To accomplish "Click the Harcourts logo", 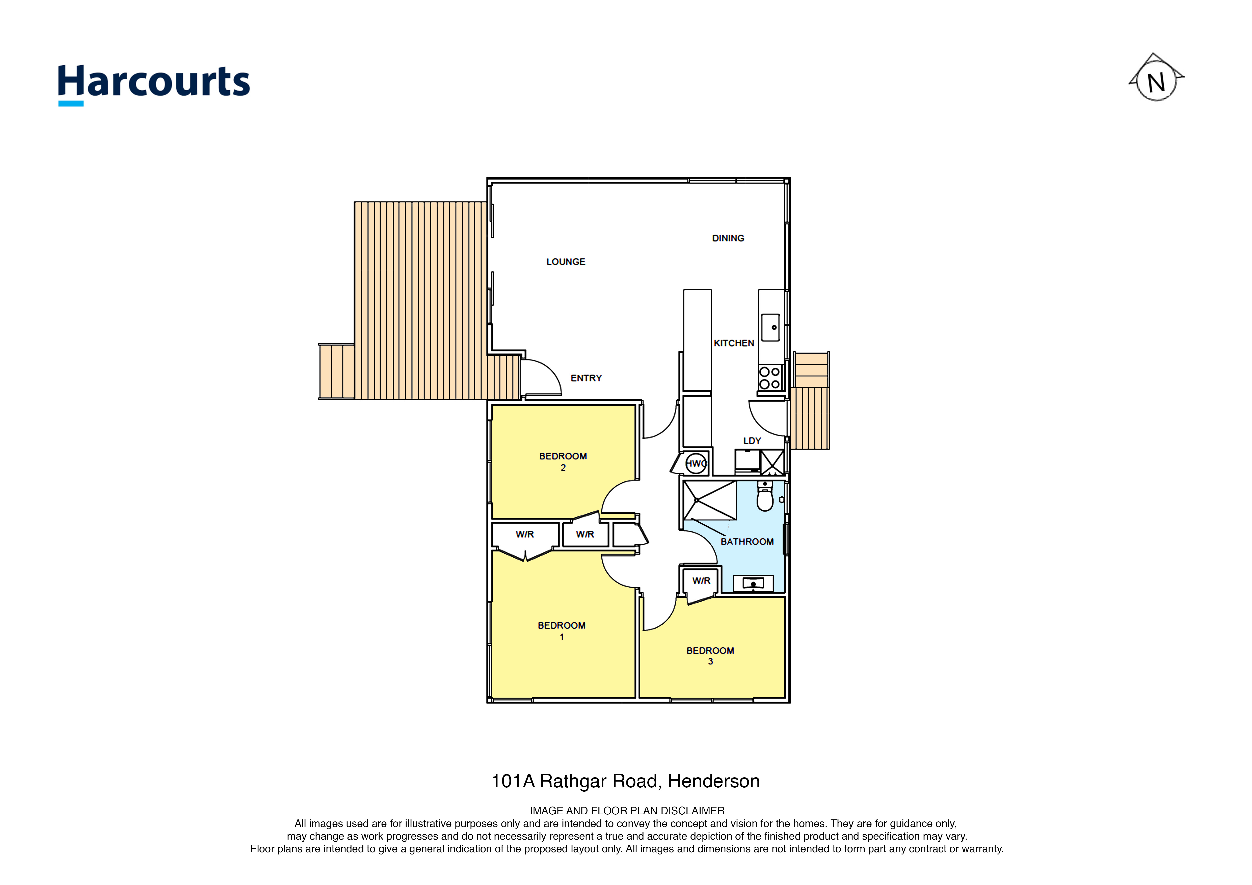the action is pos(154,85).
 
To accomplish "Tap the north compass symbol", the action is pos(1156,77).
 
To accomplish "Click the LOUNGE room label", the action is pos(566,262).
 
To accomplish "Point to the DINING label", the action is pos(728,238).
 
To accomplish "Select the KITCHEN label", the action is pos(734,343).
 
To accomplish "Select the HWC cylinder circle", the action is pos(696,464).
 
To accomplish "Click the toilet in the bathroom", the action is pos(765,496).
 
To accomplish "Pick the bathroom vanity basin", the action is pos(753,583).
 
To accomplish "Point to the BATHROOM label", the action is pos(747,542).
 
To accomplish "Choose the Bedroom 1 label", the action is pos(562,630).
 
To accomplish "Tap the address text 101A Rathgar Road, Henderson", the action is pos(625,781).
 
